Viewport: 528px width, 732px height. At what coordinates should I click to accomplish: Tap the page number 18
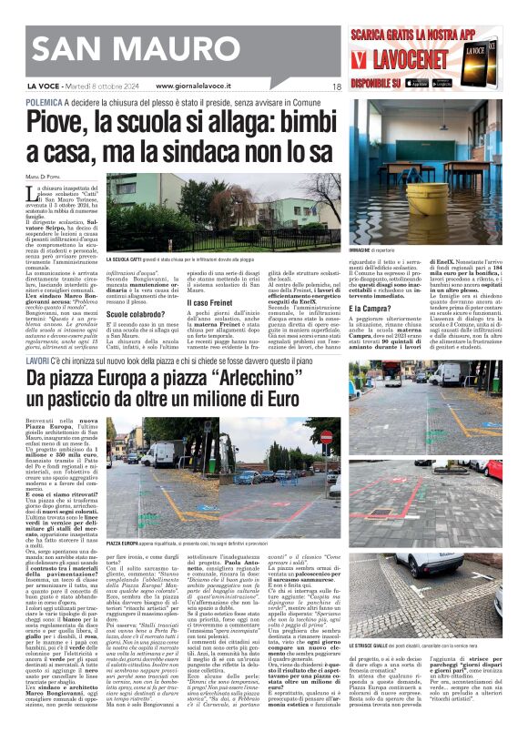[x=336, y=86]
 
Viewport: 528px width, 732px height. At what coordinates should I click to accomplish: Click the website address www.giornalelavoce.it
[x=199, y=86]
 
